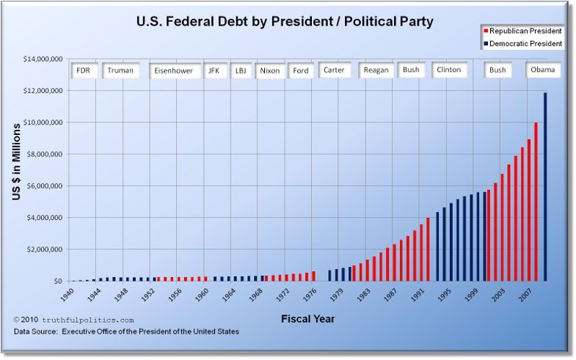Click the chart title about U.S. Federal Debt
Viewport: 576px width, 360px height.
285,21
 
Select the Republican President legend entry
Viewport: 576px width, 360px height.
522,32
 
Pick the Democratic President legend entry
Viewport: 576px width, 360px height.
522,44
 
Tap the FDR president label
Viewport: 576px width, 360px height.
83,70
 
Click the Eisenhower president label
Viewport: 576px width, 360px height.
173,70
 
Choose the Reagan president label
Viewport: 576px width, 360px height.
376,70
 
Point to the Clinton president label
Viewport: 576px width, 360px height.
448,70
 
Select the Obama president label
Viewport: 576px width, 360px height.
544,70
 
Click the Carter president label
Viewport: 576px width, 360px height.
334,70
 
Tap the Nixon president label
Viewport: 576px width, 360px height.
269,70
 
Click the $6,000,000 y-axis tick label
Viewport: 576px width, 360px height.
43,186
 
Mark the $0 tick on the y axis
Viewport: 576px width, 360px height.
56,281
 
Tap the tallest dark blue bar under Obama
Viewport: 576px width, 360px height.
545,187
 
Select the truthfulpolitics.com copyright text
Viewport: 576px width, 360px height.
74,320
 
